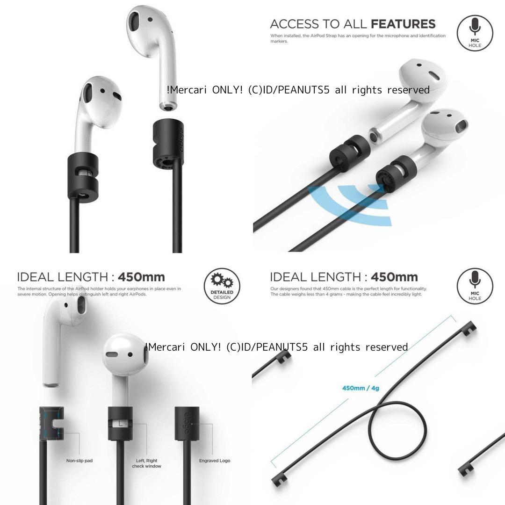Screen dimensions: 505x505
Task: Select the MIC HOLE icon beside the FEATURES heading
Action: (475, 33)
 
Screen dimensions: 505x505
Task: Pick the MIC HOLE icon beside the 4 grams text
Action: (475, 286)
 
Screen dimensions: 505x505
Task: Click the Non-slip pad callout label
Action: (79, 461)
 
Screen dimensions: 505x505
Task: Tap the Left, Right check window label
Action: (146, 463)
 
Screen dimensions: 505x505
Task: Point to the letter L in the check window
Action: (121, 424)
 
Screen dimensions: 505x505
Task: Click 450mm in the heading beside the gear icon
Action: (141, 277)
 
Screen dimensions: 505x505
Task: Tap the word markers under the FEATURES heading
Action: (280, 42)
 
